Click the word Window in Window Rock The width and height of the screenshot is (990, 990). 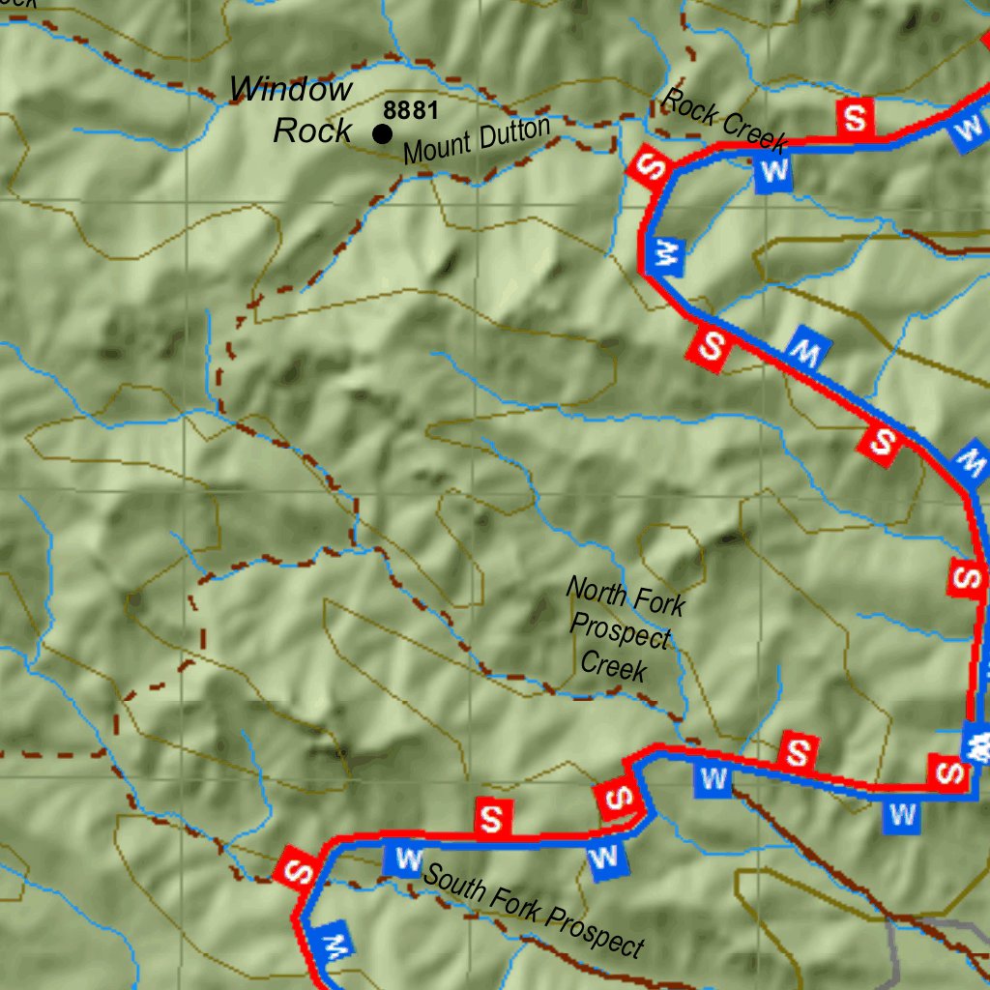point(291,91)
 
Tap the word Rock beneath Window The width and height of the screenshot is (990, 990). point(311,131)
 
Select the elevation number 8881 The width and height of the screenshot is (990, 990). point(411,110)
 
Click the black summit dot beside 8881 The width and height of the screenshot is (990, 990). point(383,133)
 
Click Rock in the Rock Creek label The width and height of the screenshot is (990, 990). point(688,106)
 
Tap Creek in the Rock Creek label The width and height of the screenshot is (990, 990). point(754,132)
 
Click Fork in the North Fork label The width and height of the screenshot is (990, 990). point(659,603)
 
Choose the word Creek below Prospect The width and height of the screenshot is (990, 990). point(613,666)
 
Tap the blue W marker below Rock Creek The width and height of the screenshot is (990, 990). point(773,172)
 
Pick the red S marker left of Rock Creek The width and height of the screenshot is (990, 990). point(650,167)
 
